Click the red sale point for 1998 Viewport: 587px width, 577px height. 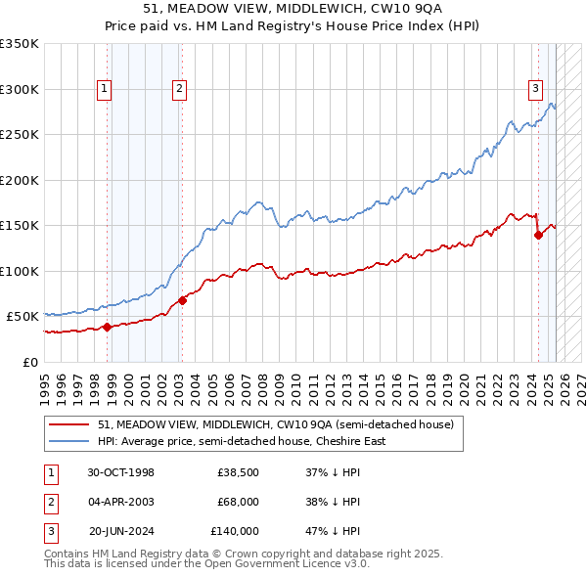coord(107,327)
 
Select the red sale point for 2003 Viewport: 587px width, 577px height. coord(182,300)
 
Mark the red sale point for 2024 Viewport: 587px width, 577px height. coord(538,235)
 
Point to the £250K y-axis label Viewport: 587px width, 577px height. coord(20,135)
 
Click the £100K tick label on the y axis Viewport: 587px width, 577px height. coord(20,271)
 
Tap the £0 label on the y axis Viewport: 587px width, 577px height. coord(30,362)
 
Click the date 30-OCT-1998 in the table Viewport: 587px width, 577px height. coord(120,472)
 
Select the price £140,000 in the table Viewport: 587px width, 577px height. coord(235,531)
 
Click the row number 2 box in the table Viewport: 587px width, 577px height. coord(49,502)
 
